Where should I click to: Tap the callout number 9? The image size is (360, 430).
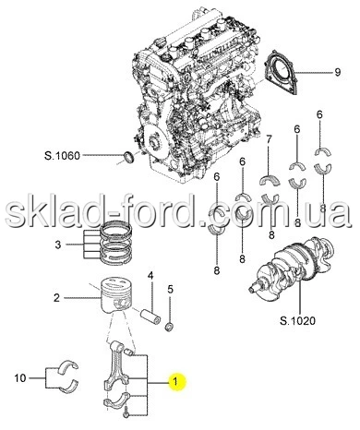(x=338, y=72)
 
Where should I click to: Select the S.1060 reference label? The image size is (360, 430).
(x=62, y=156)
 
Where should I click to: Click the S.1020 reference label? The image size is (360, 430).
(x=297, y=321)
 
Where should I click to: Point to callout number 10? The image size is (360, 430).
(x=20, y=377)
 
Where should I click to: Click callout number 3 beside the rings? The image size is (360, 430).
(x=58, y=245)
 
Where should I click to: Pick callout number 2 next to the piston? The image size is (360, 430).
(x=56, y=298)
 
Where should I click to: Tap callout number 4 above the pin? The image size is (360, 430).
(x=150, y=275)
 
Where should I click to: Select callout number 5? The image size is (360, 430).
(x=170, y=289)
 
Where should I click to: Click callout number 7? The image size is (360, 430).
(x=269, y=140)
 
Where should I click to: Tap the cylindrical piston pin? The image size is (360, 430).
(x=150, y=317)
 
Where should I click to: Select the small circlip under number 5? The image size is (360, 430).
(x=169, y=327)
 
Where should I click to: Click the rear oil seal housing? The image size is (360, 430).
(x=281, y=73)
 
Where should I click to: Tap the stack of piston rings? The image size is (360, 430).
(x=117, y=243)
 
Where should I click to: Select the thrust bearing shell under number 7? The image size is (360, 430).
(x=270, y=180)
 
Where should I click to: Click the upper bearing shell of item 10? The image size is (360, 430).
(x=68, y=365)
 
